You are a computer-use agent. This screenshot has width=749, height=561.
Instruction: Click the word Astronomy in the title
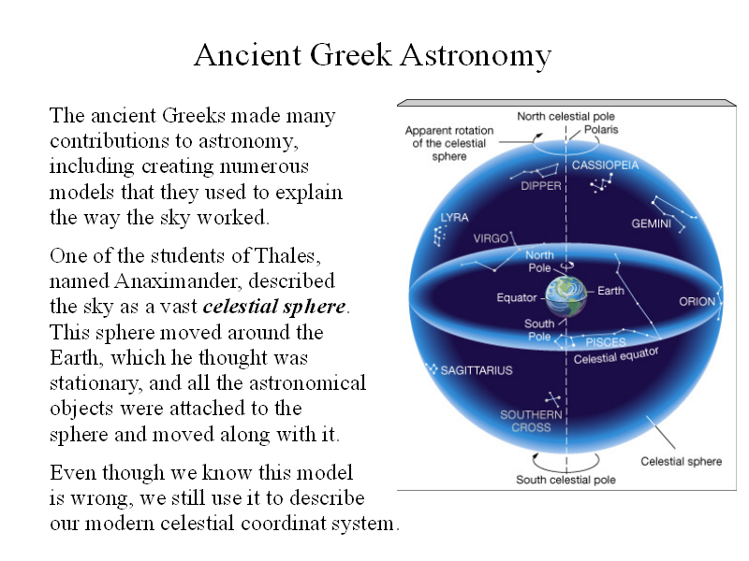[476, 56]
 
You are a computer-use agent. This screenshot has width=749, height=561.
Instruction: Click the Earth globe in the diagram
[566, 296]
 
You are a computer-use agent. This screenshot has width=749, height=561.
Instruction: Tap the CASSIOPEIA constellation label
[605, 165]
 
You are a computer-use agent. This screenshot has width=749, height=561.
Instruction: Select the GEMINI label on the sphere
[651, 223]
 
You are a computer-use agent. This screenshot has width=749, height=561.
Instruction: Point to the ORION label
[697, 301]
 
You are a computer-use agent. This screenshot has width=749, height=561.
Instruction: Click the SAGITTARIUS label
[477, 370]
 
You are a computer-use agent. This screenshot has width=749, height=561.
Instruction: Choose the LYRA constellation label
[454, 218]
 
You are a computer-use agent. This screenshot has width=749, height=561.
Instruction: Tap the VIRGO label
[491, 238]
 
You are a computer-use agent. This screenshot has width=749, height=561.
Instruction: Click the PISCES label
[606, 342]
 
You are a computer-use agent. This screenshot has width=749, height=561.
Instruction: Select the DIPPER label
[541, 186]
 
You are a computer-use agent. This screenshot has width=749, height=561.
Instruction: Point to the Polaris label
[601, 129]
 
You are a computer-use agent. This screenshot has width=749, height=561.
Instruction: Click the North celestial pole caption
[565, 116]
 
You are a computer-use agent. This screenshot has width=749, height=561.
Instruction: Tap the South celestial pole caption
[565, 480]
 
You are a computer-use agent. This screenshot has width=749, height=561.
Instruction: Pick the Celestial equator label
[616, 355]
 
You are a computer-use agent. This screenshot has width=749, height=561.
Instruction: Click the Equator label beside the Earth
[517, 297]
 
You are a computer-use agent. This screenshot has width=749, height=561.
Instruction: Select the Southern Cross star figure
[552, 399]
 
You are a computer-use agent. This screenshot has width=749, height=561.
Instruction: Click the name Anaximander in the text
[176, 281]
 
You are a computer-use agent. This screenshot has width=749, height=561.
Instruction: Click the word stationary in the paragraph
[95, 384]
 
